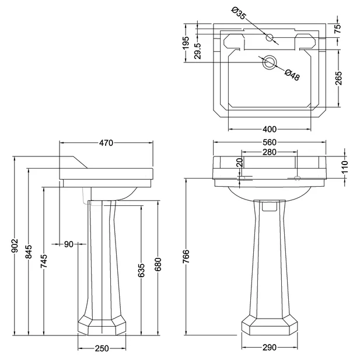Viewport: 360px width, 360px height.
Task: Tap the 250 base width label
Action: (x=102, y=348)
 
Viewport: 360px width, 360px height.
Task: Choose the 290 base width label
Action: (x=269, y=348)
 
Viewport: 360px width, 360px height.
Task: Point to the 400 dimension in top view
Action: (x=269, y=128)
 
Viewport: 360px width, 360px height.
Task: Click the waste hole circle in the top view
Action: (x=270, y=62)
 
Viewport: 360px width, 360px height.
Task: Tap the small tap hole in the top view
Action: (x=270, y=38)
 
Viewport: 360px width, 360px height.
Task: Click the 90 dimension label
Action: (x=69, y=244)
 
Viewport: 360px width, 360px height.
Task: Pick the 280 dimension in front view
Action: (x=269, y=153)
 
